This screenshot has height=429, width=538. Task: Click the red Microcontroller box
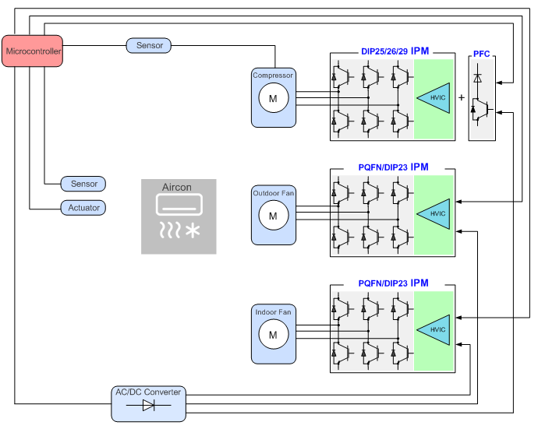32,51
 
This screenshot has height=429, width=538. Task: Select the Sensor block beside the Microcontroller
149,46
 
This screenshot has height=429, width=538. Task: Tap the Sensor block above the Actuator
83,184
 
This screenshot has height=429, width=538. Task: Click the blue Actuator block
83,208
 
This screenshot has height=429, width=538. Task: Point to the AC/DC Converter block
148,403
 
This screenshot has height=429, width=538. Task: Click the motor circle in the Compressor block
273,98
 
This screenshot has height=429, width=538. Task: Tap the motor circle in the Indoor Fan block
273,335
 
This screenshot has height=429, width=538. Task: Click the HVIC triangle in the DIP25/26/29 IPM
433,97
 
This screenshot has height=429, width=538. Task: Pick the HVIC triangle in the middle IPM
433,213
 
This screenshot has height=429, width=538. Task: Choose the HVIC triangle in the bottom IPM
433,329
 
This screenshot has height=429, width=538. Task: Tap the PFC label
481,54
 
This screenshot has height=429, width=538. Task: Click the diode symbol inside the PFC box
477,78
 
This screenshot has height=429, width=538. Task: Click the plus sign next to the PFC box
461,97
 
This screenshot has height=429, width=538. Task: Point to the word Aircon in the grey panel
177,188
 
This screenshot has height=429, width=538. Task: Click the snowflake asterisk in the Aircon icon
191,230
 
